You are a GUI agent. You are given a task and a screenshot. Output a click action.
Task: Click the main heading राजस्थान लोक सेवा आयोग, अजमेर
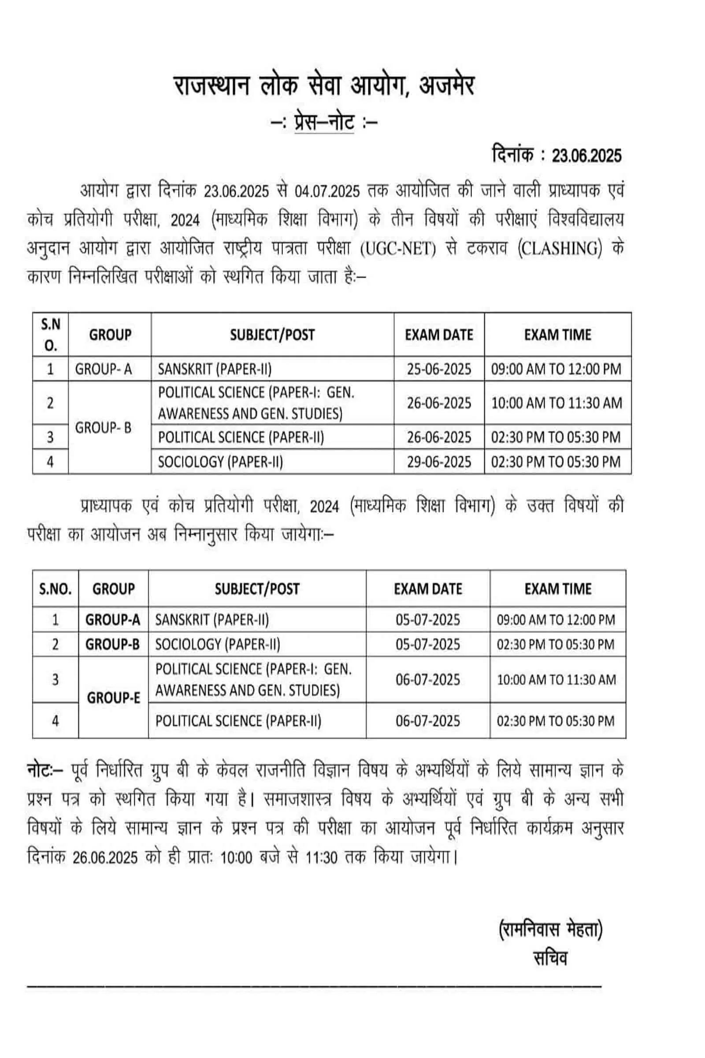[x=324, y=86]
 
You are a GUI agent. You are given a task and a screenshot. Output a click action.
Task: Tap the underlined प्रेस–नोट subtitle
[x=324, y=123]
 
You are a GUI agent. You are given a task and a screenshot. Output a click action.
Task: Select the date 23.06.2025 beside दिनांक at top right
[x=586, y=156]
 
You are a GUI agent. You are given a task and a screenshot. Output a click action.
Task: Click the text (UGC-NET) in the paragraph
[x=398, y=249]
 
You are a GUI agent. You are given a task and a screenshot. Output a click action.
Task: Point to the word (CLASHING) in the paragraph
[x=559, y=249]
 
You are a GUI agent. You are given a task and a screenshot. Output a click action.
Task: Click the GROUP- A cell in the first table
[x=104, y=369]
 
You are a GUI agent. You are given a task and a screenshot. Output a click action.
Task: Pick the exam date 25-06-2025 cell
[x=439, y=369]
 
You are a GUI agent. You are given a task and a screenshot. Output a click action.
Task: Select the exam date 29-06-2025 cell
[x=439, y=462]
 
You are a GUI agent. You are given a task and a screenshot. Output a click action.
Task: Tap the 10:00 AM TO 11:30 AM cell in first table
[x=557, y=403]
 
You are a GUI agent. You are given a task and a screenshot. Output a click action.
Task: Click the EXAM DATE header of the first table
[x=439, y=335]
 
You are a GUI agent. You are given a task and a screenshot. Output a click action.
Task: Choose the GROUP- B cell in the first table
[x=104, y=428]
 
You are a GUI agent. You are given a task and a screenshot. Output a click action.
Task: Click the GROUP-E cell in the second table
[x=113, y=698]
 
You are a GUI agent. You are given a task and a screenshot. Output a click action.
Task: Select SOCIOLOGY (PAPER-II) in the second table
[x=218, y=644]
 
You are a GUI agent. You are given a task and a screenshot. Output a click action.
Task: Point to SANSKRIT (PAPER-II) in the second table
[x=212, y=620]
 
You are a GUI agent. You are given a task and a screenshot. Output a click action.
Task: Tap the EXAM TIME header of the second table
[x=557, y=589]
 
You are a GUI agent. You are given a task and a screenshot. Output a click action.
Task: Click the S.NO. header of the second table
[x=56, y=589]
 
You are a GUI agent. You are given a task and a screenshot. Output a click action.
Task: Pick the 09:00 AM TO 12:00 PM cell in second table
[x=556, y=620]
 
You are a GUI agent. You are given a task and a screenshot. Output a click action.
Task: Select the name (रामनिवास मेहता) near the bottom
[x=550, y=930]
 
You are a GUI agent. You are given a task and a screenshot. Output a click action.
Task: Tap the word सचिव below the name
[x=550, y=958]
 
